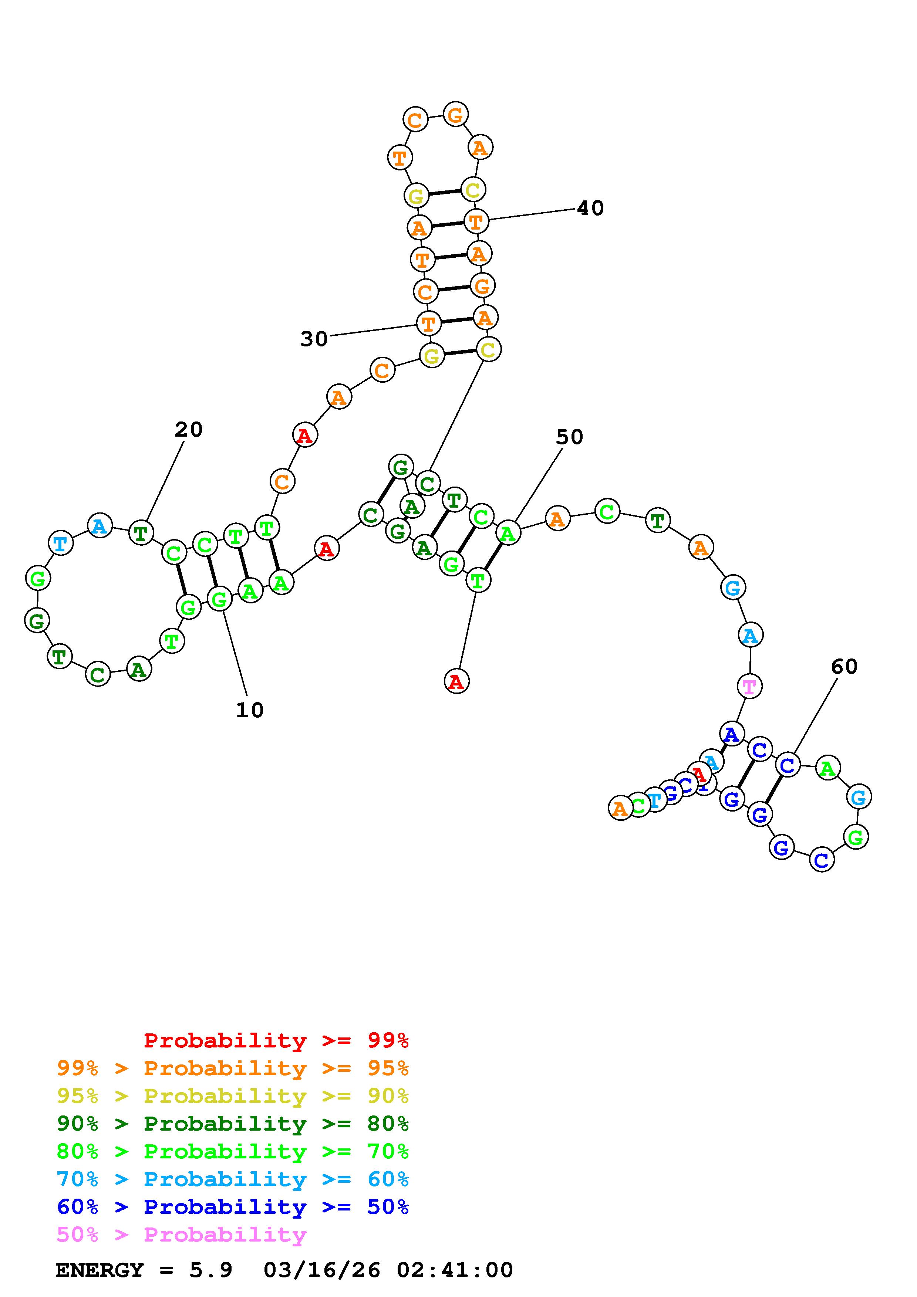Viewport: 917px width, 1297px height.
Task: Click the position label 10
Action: point(250,710)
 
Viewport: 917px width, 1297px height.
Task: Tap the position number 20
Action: point(188,430)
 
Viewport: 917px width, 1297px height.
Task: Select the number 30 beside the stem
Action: point(314,339)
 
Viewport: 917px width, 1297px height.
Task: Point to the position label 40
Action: point(590,209)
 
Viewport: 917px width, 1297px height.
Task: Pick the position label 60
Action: point(844,667)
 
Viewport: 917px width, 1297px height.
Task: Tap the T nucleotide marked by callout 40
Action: point(476,221)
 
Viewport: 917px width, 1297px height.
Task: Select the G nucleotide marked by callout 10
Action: point(219,599)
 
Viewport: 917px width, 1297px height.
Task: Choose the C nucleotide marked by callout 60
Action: point(788,765)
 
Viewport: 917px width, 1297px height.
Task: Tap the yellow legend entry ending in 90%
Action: point(233,1096)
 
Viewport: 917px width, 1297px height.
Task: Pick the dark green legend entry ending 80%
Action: point(233,1124)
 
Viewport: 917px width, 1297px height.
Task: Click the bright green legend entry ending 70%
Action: point(233,1151)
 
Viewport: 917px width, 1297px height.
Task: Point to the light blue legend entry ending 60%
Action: point(233,1179)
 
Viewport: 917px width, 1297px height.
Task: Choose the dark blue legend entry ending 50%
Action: point(233,1207)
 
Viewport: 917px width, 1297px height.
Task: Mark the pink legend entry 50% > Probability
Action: point(181,1234)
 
